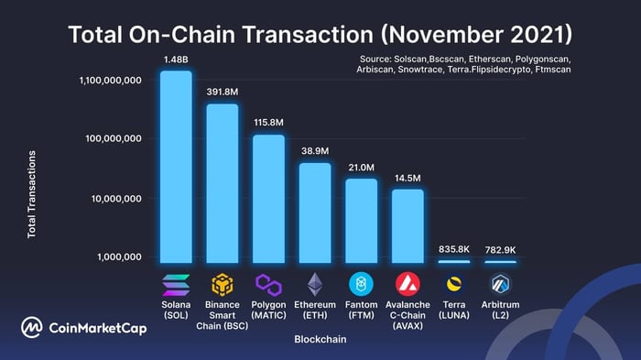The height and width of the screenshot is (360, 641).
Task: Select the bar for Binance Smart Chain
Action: coord(223,183)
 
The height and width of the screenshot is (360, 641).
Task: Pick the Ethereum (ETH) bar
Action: coord(315,213)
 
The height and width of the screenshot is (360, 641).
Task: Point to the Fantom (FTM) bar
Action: coord(361,221)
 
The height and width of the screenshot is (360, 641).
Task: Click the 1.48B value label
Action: coord(176,60)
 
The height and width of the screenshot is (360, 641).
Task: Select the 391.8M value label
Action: coord(223,92)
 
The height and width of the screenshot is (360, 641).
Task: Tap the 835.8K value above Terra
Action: coord(454,248)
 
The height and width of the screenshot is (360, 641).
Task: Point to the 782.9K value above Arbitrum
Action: coord(500,249)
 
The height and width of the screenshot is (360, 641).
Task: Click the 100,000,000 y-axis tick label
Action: coord(109,139)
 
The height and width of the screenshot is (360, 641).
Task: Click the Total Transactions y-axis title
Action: coord(32,194)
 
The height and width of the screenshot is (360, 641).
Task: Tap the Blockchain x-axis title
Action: coord(320,339)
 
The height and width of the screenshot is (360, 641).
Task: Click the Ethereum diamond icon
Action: coord(315,283)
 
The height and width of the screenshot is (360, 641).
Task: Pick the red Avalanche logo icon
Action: coord(407,283)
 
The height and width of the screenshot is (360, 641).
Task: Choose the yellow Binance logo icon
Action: coord(223,283)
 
